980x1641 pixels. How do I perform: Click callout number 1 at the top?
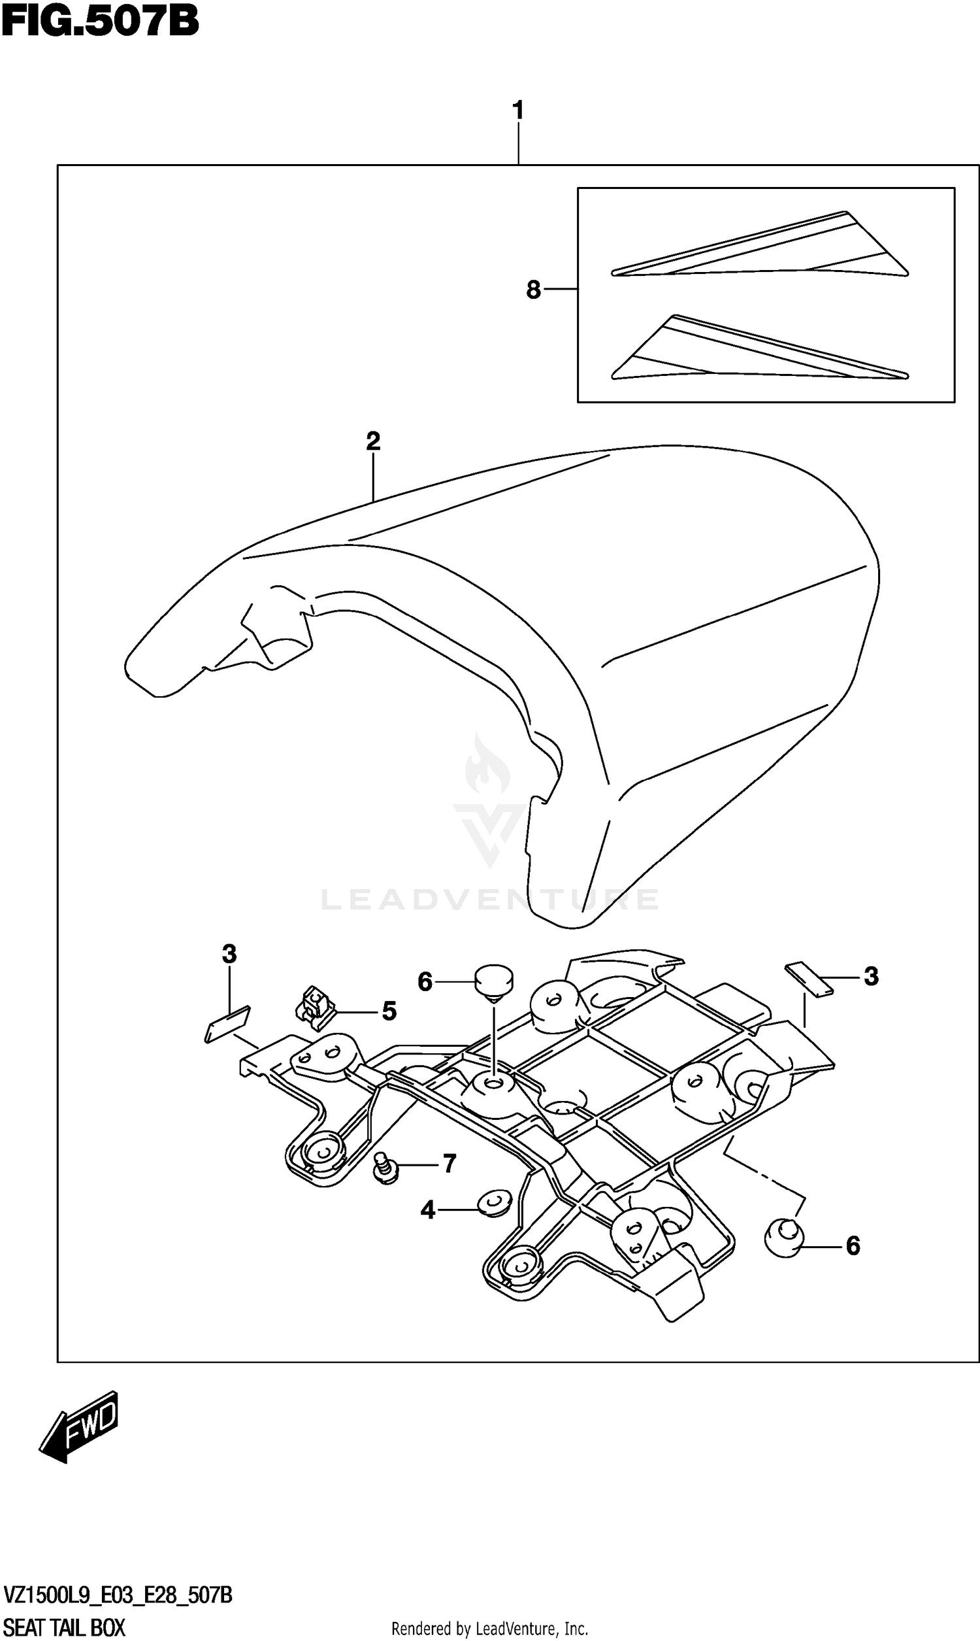tap(518, 110)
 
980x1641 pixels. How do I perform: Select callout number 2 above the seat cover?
tap(373, 441)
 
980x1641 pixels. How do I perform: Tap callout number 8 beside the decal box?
tap(534, 290)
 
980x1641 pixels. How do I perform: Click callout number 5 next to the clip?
tap(389, 1011)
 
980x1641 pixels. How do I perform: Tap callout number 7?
tap(449, 1163)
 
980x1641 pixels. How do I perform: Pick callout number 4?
tap(428, 1210)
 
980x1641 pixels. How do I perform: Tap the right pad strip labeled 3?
tap(809, 979)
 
